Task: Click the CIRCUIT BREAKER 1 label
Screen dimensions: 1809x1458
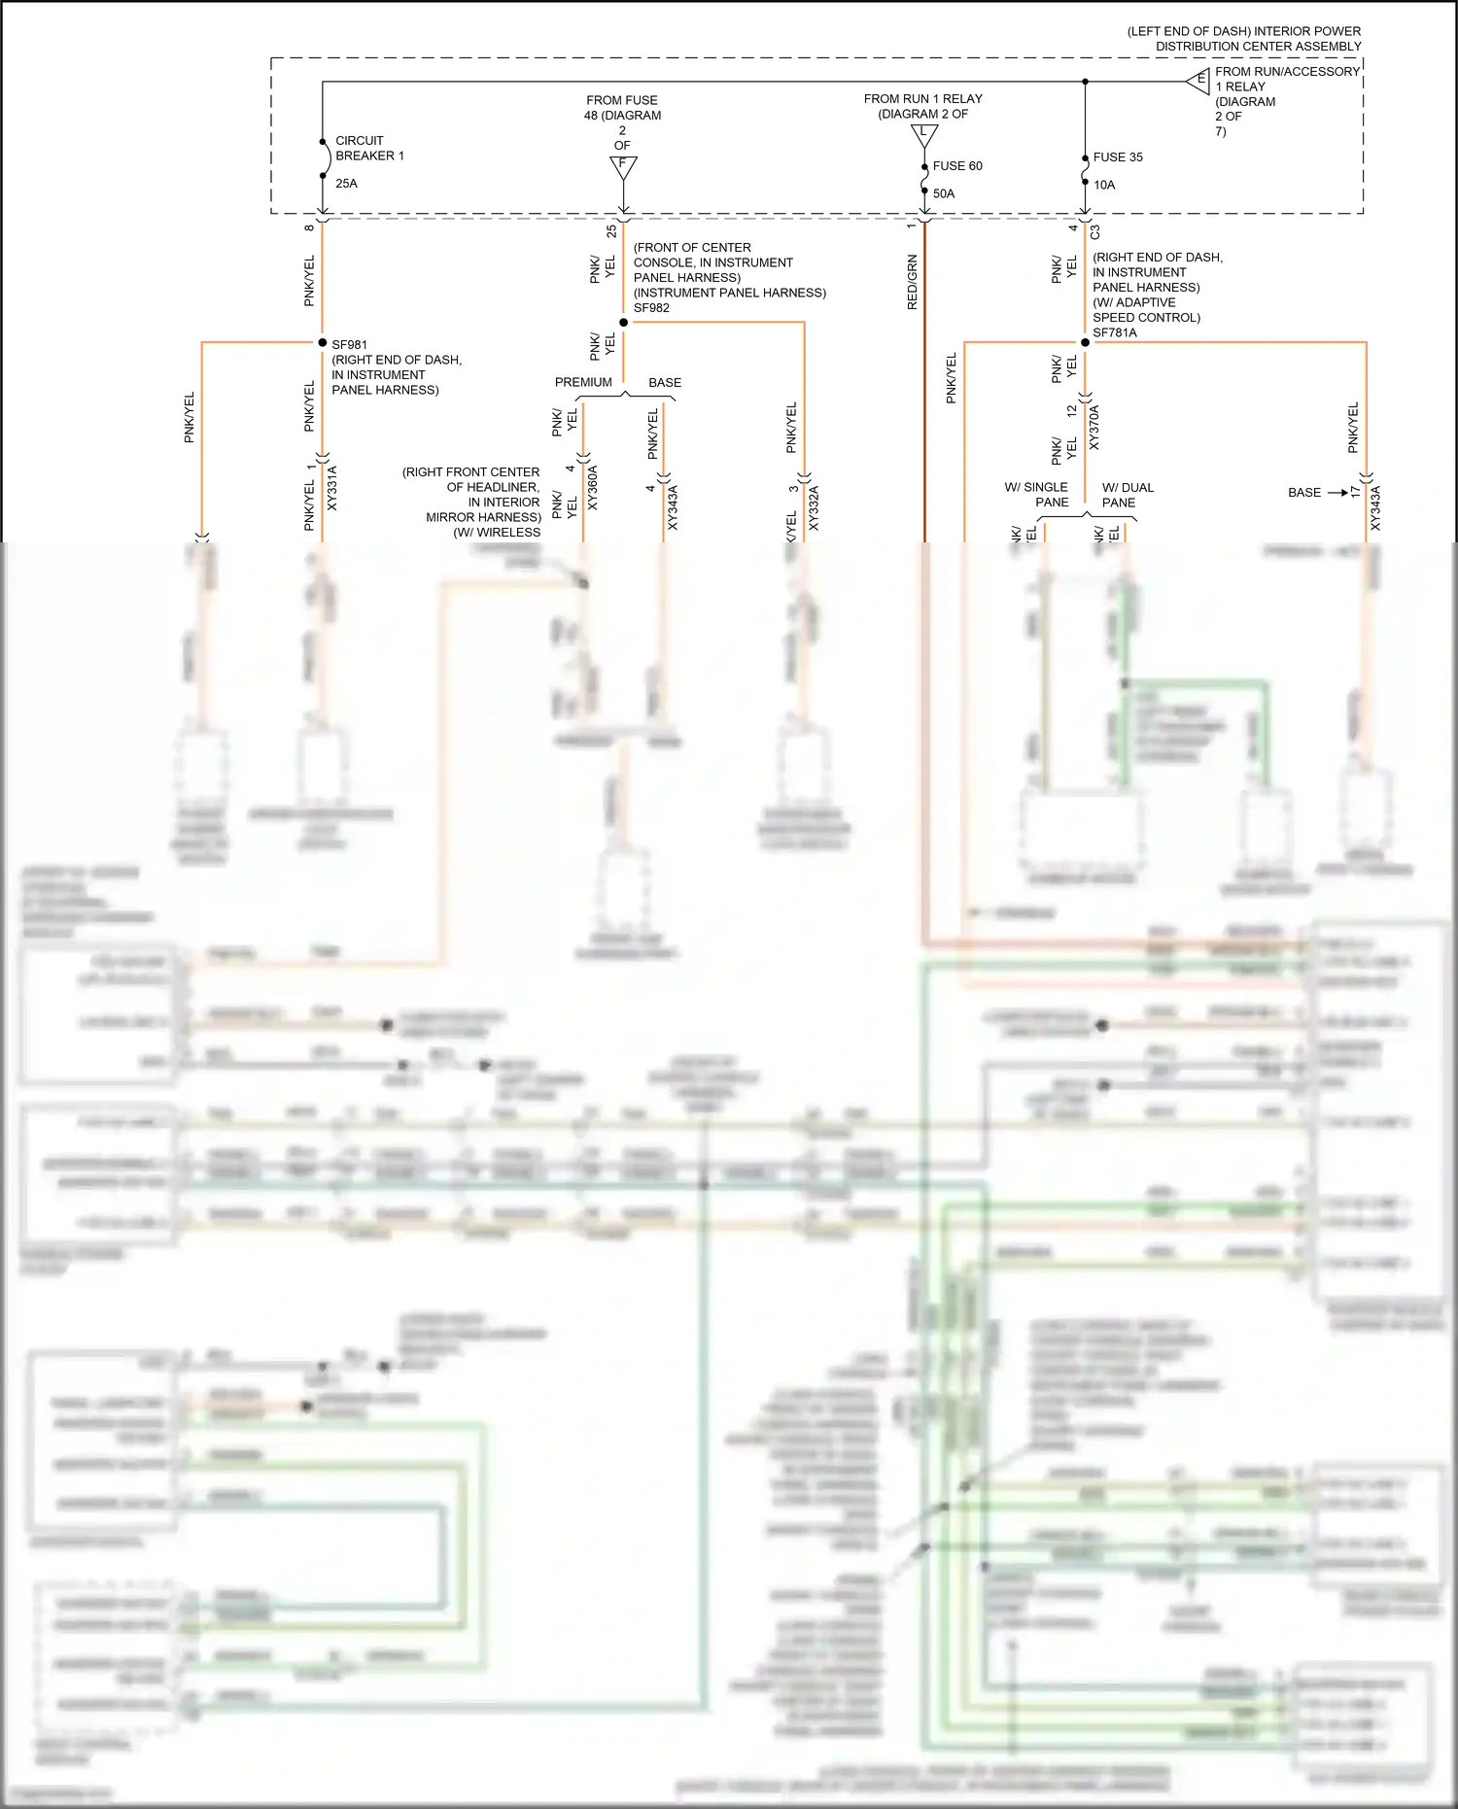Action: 369,148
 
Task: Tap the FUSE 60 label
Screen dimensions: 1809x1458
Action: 956,166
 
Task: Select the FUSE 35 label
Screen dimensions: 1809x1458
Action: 1117,157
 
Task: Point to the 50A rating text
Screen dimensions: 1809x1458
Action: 944,193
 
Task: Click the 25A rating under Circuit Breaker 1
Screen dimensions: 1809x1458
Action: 346,184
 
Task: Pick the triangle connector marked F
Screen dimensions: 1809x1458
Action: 623,166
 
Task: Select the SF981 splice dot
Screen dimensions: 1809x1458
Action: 323,342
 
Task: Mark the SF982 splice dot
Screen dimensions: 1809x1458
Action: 623,322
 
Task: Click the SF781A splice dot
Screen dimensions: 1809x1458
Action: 1085,342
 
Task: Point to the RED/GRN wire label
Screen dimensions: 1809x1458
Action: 912,282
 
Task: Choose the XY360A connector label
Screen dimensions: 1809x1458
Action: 593,488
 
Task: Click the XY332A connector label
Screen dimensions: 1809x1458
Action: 814,507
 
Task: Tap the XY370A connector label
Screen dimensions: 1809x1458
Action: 1094,428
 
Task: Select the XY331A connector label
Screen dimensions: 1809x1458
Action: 331,488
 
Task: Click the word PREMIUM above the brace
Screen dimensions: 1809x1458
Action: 583,382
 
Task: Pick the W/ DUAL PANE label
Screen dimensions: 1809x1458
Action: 1127,495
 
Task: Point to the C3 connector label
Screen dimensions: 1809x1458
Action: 1094,232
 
